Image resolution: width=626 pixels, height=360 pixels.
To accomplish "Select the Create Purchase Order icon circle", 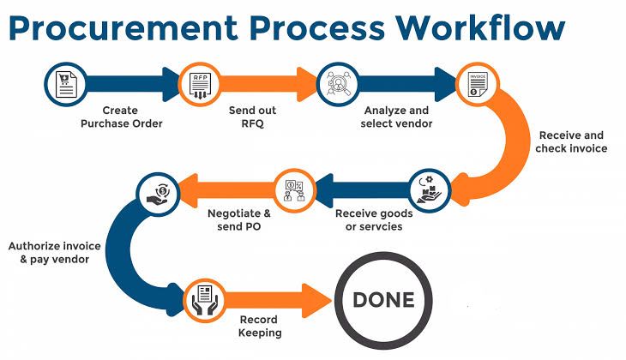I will [64, 83].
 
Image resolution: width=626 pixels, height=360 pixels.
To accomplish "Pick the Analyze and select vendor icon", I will [337, 83].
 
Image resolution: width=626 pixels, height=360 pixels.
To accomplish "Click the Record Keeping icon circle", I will [204, 299].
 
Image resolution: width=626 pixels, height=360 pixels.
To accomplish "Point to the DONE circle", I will [383, 300].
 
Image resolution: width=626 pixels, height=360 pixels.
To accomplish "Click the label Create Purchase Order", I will [121, 117].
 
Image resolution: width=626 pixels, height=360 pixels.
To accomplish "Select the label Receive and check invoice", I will [571, 141].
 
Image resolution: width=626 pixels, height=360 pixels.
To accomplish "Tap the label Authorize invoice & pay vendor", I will [55, 252].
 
